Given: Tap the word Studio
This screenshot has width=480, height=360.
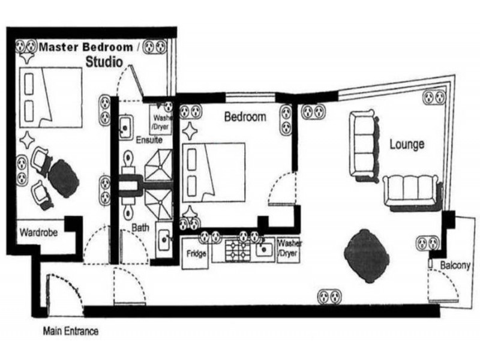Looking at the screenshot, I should pyautogui.click(x=104, y=61).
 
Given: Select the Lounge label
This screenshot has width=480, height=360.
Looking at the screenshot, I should pyautogui.click(x=407, y=144).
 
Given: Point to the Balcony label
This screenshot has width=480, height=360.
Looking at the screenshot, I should pyautogui.click(x=455, y=265).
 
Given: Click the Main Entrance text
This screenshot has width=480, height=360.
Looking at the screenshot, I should pyautogui.click(x=70, y=331).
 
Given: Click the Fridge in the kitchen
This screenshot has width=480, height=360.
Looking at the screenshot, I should pyautogui.click(x=196, y=253).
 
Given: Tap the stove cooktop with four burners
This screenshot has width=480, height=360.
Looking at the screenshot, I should pyautogui.click(x=238, y=250).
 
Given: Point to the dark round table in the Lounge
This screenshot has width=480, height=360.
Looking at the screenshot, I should pyautogui.click(x=367, y=255).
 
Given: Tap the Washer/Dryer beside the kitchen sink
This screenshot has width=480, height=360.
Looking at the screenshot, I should pyautogui.click(x=289, y=248).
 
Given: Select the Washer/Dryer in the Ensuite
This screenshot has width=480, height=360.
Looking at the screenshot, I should pyautogui.click(x=161, y=122).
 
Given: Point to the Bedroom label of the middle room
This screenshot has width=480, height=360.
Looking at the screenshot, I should pyautogui.click(x=245, y=117).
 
